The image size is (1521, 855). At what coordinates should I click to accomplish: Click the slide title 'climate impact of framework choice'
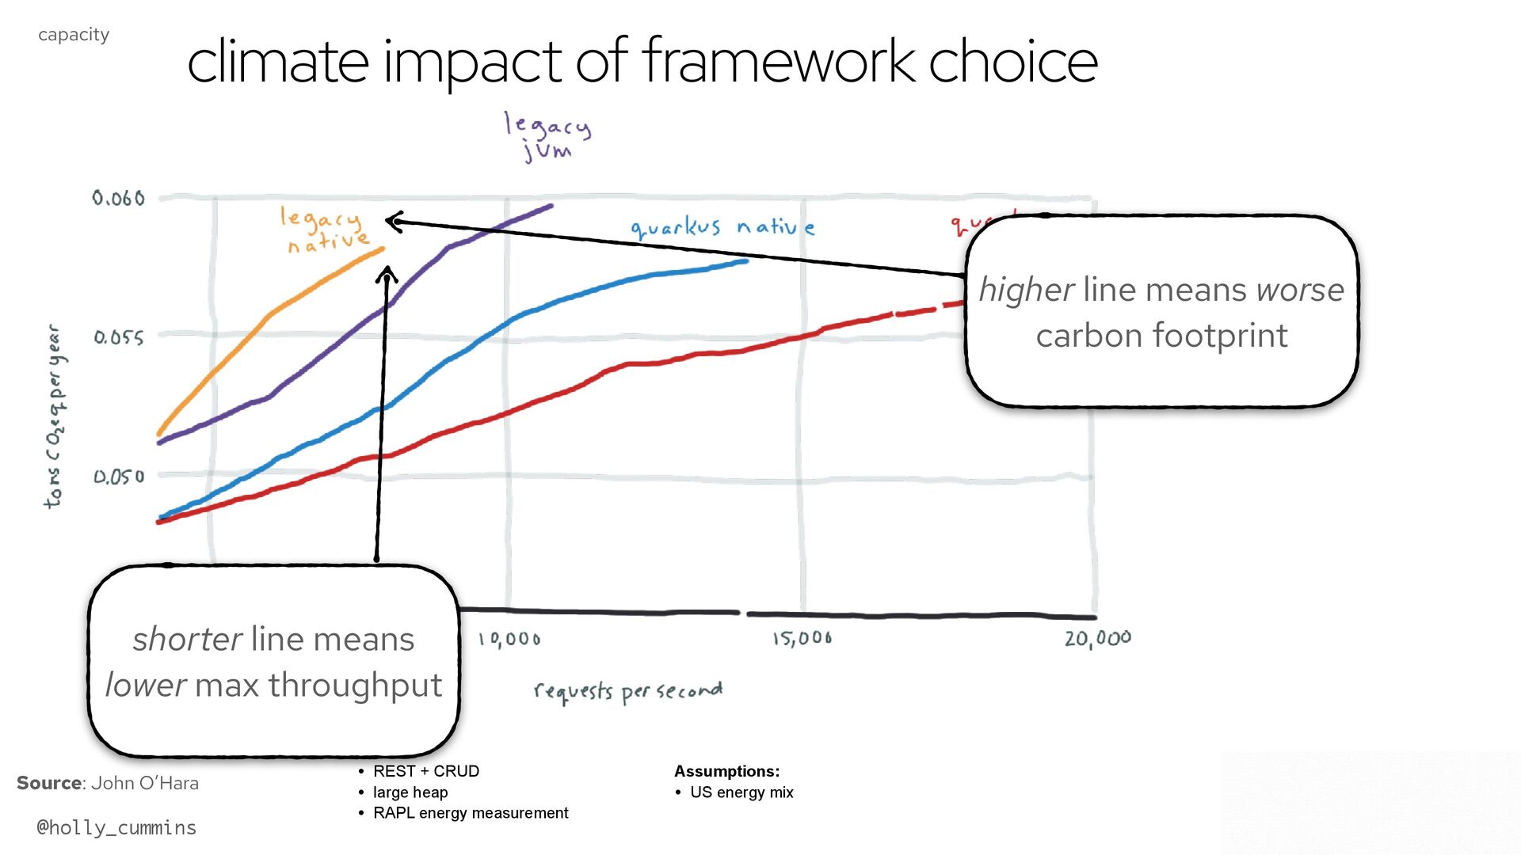(642, 62)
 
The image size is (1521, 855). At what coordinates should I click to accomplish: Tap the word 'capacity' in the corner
(74, 35)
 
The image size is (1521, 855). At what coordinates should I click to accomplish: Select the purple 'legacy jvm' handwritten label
(547, 136)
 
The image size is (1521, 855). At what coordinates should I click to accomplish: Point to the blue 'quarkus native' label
(722, 228)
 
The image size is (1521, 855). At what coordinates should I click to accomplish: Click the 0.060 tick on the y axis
(119, 198)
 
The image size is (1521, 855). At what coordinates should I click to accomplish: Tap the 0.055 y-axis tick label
(119, 338)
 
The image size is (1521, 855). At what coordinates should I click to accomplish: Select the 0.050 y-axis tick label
(119, 477)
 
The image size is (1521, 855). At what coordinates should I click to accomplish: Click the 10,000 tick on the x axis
(509, 640)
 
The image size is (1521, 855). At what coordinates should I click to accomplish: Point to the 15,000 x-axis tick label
(802, 638)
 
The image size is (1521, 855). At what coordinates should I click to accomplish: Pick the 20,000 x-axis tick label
(1097, 638)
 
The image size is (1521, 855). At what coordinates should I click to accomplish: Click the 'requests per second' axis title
(628, 692)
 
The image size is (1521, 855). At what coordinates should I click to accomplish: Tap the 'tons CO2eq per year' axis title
(54, 416)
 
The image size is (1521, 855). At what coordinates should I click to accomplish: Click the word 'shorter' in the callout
(187, 639)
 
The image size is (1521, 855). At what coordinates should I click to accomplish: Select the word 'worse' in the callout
(1300, 290)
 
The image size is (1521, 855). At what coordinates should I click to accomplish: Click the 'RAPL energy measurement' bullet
(471, 813)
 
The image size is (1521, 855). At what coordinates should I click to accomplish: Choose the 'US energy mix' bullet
(741, 792)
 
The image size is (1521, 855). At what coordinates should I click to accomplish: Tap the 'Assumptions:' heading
(726, 771)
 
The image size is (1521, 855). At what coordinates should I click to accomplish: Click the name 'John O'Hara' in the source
(145, 783)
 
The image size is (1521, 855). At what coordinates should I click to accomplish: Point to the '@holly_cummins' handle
(116, 827)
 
